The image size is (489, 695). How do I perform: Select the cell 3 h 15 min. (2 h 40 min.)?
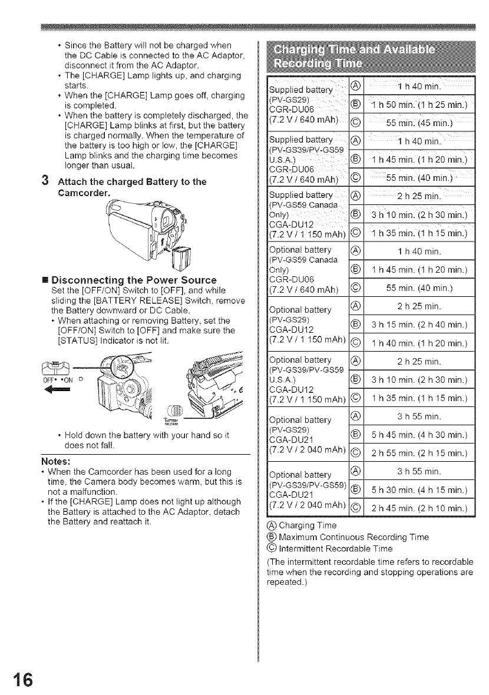tap(419, 324)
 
